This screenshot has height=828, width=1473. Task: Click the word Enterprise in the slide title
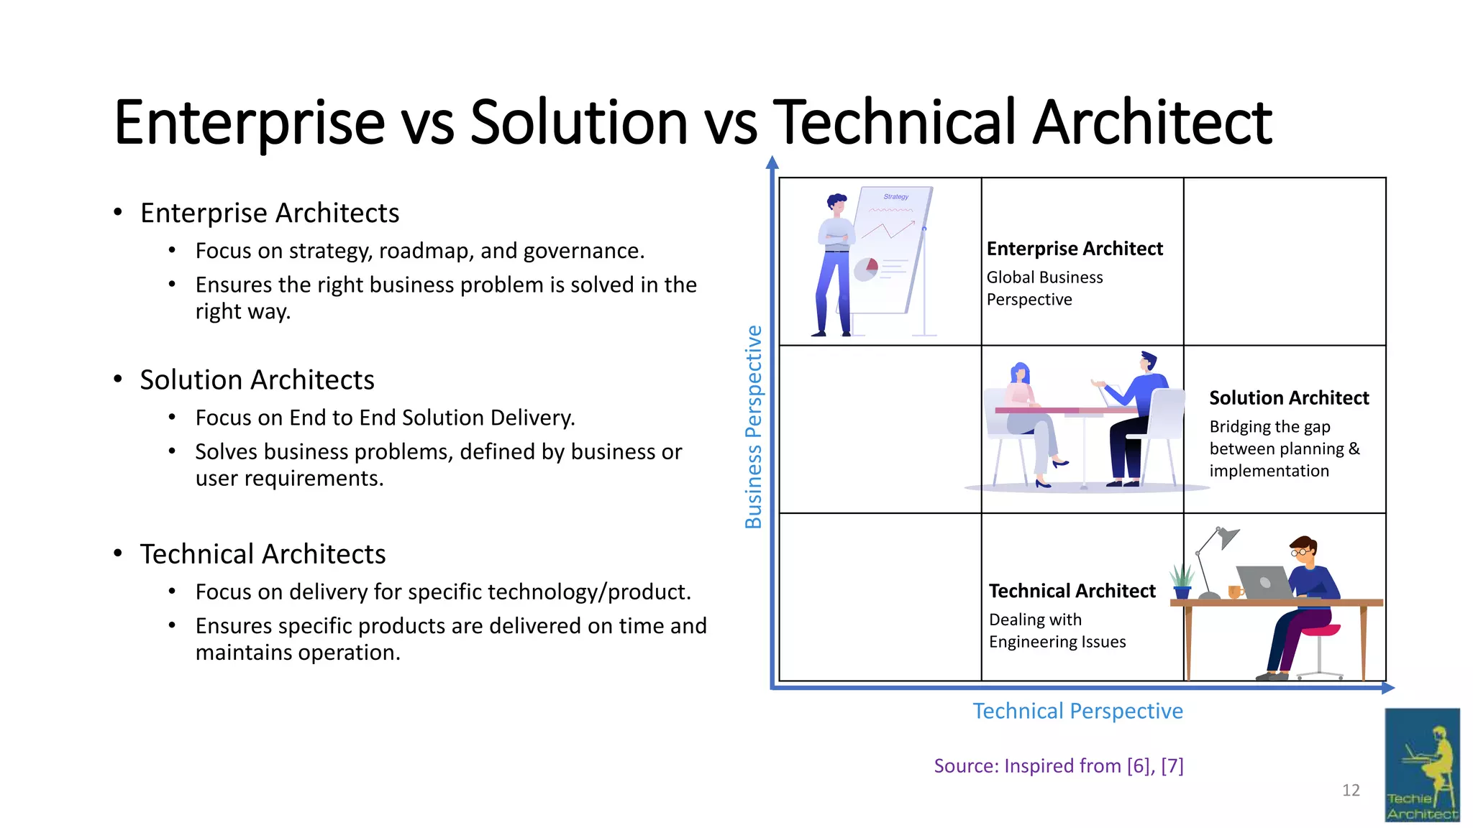[249, 123]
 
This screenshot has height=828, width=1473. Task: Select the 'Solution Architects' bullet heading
[257, 379]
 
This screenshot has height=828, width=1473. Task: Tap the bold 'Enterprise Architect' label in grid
[1075, 249]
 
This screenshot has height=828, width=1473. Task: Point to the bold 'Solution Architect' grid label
[1289, 398]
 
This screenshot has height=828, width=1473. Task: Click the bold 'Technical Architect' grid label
[1072, 591]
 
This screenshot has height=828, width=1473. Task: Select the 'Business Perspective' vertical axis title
[753, 427]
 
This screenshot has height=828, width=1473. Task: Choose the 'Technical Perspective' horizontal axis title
[1077, 711]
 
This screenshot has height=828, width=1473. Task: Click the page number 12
[1351, 791]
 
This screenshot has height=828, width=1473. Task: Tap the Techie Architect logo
[1422, 765]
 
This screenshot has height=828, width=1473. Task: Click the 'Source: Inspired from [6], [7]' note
[1058, 766]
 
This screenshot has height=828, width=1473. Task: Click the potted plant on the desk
[1182, 582]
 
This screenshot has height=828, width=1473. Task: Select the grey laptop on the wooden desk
[1264, 582]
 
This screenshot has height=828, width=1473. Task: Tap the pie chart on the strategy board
[866, 270]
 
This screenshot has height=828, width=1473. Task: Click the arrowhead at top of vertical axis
[772, 162]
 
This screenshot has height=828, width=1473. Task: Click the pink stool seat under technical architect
[1321, 630]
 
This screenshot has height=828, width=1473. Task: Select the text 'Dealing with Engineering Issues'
[1057, 630]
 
